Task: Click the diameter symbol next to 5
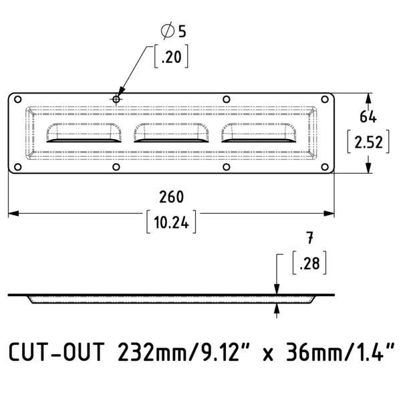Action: [168, 31]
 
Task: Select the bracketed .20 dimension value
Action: [171, 57]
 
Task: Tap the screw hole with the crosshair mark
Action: [116, 99]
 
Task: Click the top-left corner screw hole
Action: [17, 99]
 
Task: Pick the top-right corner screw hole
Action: [325, 99]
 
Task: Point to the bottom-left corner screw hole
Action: [17, 167]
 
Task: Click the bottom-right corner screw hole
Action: [325, 167]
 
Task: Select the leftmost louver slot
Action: [84, 133]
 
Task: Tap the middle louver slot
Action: [171, 133]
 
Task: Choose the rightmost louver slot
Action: [259, 133]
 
